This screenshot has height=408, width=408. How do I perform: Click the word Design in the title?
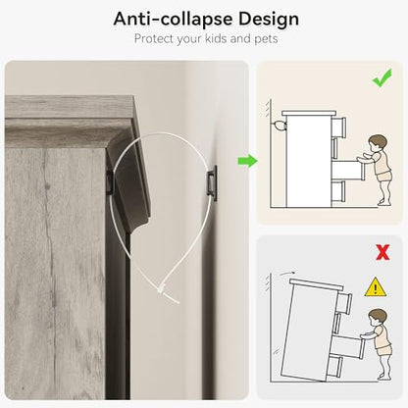pyautogui.click(x=269, y=19)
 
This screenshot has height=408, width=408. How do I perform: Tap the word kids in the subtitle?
pyautogui.click(x=216, y=38)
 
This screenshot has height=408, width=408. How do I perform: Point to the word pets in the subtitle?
pyautogui.click(x=266, y=39)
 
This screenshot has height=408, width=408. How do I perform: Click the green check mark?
pyautogui.click(x=382, y=77)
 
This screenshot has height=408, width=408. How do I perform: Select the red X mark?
pyautogui.click(x=382, y=252)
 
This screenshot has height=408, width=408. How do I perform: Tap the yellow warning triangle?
pyautogui.click(x=376, y=287)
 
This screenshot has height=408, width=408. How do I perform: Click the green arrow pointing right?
pyautogui.click(x=247, y=161)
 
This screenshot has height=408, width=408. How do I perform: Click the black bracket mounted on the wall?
pyautogui.click(x=212, y=182)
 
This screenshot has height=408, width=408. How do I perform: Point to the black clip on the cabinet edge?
pyautogui.click(x=110, y=180)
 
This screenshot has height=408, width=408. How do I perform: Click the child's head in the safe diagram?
pyautogui.click(x=378, y=142)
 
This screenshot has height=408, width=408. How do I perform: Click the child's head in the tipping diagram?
pyautogui.click(x=378, y=317)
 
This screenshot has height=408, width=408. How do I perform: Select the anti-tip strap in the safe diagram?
pyautogui.click(x=279, y=126)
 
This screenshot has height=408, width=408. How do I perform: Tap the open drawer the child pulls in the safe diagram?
pyautogui.click(x=348, y=170)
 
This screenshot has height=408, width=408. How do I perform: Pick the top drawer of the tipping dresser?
pyautogui.click(x=344, y=302)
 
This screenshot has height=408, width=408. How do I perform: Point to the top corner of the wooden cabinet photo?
pyautogui.click(x=133, y=96)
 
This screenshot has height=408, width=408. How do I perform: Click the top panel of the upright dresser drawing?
pyautogui.click(x=309, y=113)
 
